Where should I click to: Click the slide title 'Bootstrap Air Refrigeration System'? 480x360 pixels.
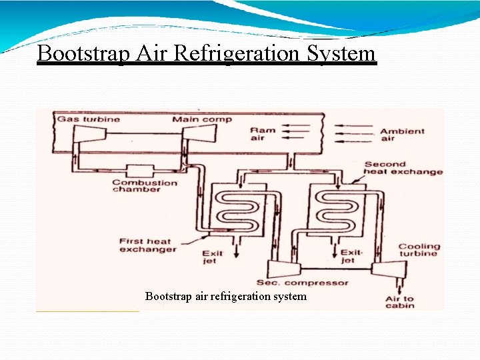(207, 53)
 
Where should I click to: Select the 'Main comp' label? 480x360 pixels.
(202, 119)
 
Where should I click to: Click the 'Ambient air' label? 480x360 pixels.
(402, 134)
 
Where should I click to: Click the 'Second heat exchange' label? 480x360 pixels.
(403, 167)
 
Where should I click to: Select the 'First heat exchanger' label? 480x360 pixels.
(147, 245)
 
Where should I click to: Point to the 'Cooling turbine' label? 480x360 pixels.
(419, 249)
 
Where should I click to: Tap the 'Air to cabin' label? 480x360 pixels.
(400, 302)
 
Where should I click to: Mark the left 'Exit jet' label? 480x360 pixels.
(214, 257)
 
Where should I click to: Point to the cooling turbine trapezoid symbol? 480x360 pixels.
(387, 269)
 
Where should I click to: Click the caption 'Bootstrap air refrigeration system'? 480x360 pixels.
(226, 296)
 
